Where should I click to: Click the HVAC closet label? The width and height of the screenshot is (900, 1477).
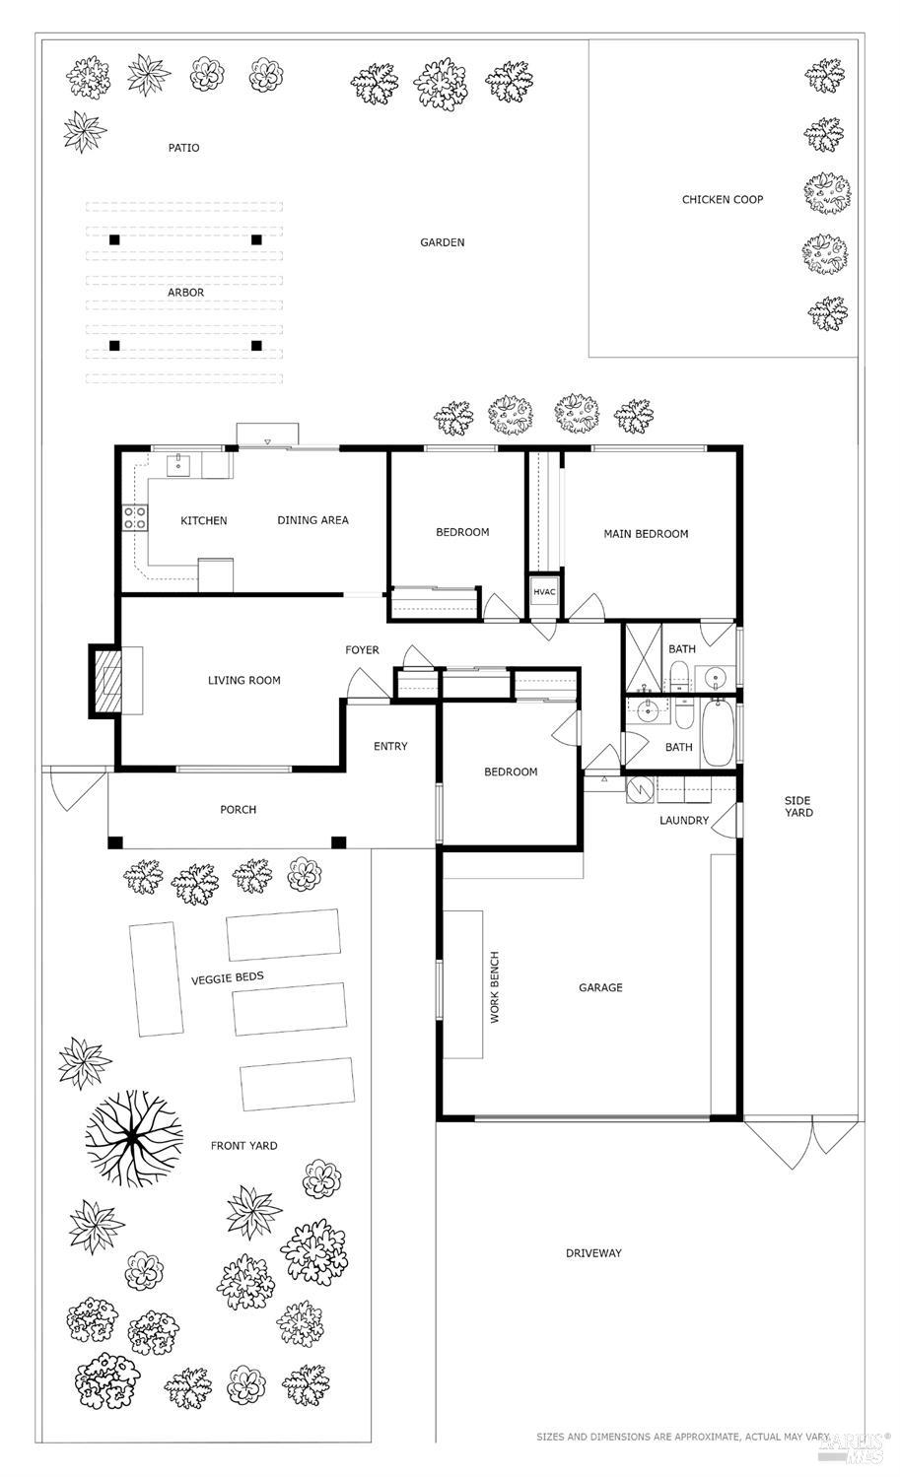click(x=544, y=592)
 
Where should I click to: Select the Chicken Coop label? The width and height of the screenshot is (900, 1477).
click(x=722, y=200)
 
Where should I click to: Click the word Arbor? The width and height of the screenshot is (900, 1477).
click(x=185, y=293)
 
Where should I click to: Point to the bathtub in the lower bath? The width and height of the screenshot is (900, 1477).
click(x=717, y=733)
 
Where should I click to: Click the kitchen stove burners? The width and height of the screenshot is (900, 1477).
click(x=134, y=518)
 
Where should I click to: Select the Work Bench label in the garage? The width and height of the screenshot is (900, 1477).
click(x=495, y=986)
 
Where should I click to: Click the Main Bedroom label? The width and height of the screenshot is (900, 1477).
click(x=646, y=534)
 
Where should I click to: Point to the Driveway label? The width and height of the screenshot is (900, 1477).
click(x=593, y=1253)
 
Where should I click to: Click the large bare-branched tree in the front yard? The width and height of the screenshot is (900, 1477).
click(x=133, y=1139)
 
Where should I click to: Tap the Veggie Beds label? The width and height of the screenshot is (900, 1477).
click(x=227, y=977)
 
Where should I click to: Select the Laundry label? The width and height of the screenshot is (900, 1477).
click(x=683, y=821)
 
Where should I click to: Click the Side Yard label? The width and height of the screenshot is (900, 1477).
click(x=798, y=806)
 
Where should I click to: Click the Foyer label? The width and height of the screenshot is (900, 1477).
click(x=362, y=650)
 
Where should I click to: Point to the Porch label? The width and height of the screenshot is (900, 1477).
click(x=238, y=810)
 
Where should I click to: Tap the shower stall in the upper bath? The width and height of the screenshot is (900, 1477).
click(x=642, y=659)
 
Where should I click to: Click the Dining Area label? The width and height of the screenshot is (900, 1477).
click(x=312, y=520)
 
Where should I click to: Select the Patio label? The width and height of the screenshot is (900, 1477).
click(x=183, y=148)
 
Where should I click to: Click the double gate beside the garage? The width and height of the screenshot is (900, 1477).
click(x=800, y=1137)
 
